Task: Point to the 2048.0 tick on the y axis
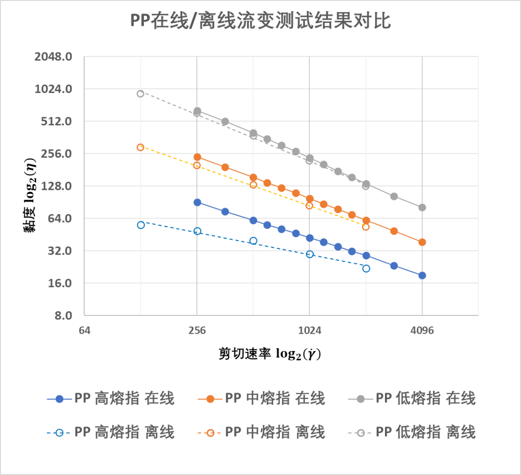(54, 57)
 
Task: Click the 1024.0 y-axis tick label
(54, 89)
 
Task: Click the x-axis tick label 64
(84, 331)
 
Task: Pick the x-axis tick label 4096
(422, 331)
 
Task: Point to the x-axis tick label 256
(197, 331)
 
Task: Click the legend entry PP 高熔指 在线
(111, 399)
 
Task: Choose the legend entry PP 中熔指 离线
(261, 432)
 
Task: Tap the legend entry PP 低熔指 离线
(412, 432)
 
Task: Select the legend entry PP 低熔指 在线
(412, 399)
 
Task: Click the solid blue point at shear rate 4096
(422, 275)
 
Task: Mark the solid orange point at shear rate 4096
(422, 242)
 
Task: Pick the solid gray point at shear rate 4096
(422, 207)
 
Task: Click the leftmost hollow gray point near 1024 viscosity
(140, 94)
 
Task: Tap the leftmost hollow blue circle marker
(141, 225)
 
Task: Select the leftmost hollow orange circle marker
(140, 147)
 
